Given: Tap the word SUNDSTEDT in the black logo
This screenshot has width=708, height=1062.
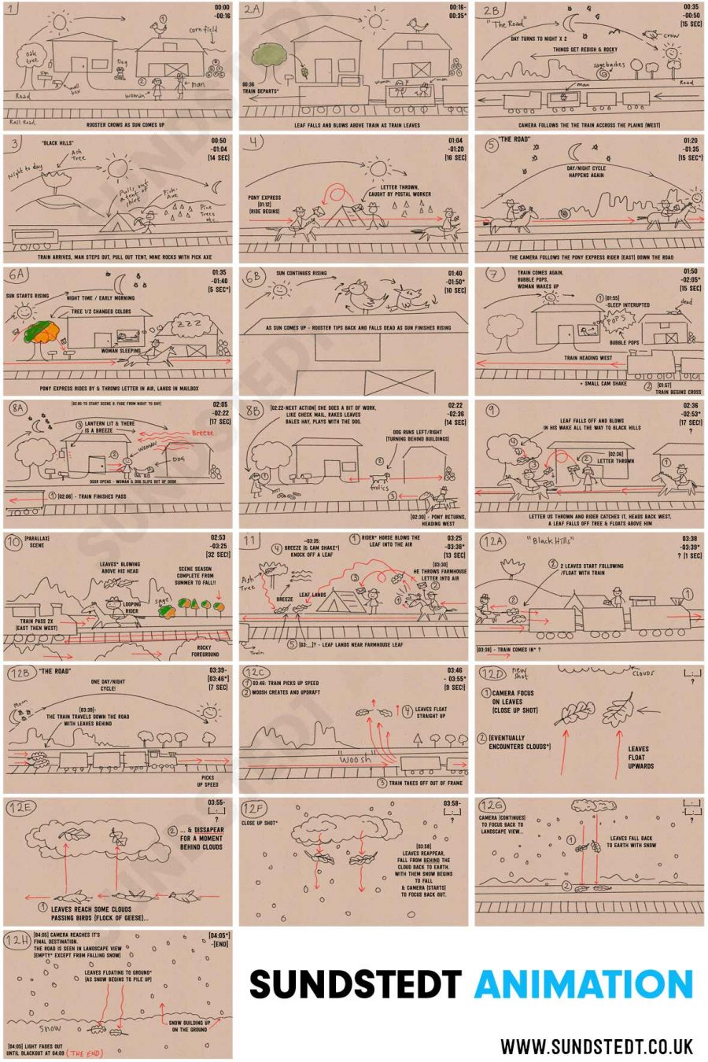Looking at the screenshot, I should point(356,985).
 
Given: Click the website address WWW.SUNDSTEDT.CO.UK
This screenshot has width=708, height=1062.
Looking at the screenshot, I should point(596,1046).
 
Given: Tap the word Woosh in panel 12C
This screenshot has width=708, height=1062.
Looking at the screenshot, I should point(355,760).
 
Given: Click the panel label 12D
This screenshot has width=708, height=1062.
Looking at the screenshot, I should point(492,674).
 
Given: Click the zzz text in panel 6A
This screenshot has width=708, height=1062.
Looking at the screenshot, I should point(188,323).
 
